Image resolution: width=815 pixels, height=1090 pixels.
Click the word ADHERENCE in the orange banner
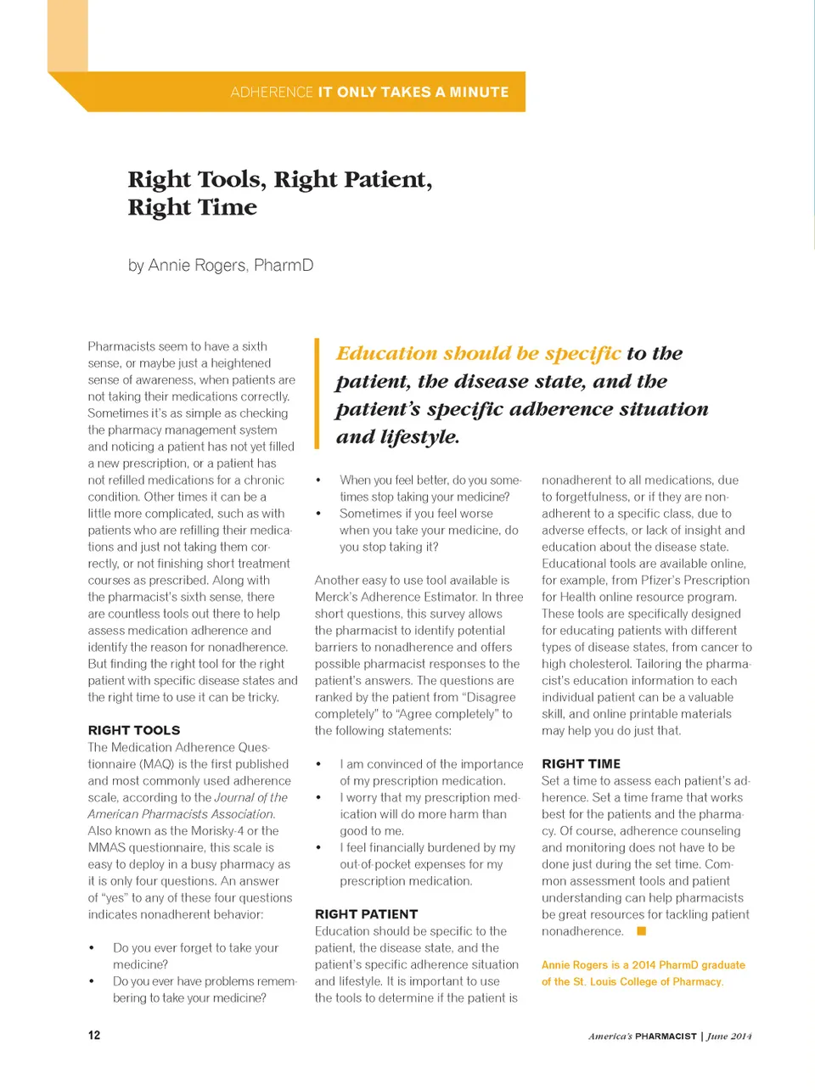(x=272, y=92)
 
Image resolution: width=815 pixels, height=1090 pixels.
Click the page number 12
(x=94, y=1035)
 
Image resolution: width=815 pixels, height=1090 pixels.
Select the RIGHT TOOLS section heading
(x=134, y=730)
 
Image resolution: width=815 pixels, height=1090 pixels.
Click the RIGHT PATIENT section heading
(x=366, y=914)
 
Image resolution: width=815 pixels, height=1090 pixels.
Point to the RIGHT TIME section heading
(x=581, y=764)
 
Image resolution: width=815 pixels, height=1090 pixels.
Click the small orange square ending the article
(x=642, y=931)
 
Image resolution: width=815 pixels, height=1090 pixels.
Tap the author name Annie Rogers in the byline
(x=197, y=265)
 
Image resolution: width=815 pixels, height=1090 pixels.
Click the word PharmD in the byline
(x=284, y=265)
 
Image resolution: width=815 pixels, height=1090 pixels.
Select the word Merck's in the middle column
(x=336, y=597)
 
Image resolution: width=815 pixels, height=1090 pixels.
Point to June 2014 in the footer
(x=729, y=1036)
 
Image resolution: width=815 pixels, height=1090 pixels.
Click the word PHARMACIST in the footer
(x=666, y=1036)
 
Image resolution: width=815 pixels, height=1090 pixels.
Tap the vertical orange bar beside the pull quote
(x=317, y=393)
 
